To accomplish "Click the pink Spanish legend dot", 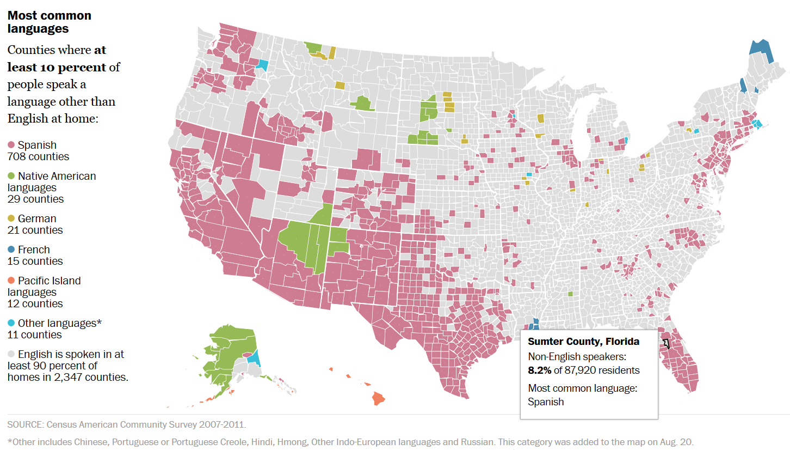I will (x=11, y=145).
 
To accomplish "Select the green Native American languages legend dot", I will (x=11, y=177).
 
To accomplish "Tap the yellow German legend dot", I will (x=11, y=219).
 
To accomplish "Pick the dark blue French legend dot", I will (x=11, y=250).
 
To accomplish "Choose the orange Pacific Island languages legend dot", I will (x=11, y=281).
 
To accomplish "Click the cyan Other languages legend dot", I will (x=11, y=324).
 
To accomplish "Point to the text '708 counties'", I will (x=38, y=157).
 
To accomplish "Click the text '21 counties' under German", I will (x=35, y=230).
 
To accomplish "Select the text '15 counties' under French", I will (x=35, y=262).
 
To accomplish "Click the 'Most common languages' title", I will (x=49, y=22).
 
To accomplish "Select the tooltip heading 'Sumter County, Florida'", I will (x=583, y=342).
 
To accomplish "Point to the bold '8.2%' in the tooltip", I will (x=540, y=370).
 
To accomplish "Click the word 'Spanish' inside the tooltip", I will (x=546, y=402).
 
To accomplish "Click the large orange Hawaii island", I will (x=378, y=399).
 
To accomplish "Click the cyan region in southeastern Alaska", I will (x=253, y=358).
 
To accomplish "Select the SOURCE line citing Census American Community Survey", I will (x=127, y=424).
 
